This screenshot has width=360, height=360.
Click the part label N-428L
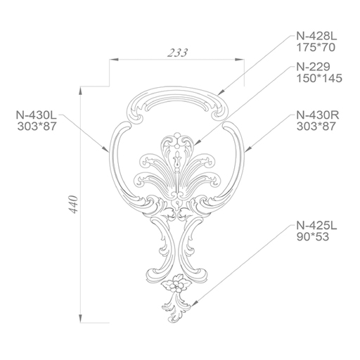point(316,37)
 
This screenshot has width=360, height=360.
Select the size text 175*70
point(316,48)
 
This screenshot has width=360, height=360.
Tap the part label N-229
point(314,67)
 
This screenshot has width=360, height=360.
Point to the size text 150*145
point(319,78)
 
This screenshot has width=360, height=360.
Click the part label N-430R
point(318,115)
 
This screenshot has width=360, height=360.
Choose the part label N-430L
point(37,115)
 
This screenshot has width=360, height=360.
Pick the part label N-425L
point(316,226)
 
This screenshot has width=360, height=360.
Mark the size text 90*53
point(313,237)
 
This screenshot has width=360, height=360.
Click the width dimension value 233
point(178,53)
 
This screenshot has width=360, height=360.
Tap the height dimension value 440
point(74,204)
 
